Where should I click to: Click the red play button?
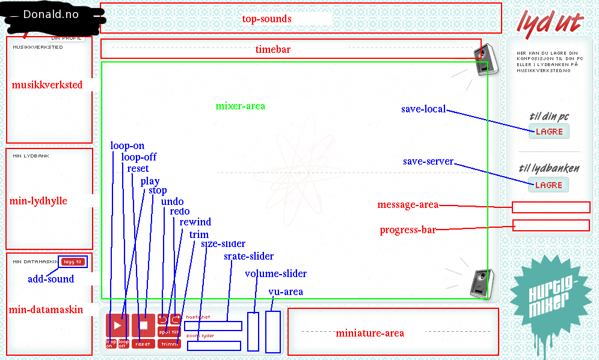point(117,325)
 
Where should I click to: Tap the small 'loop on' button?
point(111,344)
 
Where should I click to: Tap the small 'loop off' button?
point(123,344)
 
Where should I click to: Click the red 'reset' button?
point(143,344)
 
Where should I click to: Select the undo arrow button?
point(162,319)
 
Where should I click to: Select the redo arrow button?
point(176,319)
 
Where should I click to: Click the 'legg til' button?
point(73,261)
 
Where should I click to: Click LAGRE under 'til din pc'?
point(548,132)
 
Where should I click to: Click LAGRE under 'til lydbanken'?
point(548,185)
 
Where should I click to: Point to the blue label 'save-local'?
point(423,109)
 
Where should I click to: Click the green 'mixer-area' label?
point(240,106)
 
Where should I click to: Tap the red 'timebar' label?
point(272,49)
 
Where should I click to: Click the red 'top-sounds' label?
point(266,19)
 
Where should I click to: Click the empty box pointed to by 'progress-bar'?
point(551,225)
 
